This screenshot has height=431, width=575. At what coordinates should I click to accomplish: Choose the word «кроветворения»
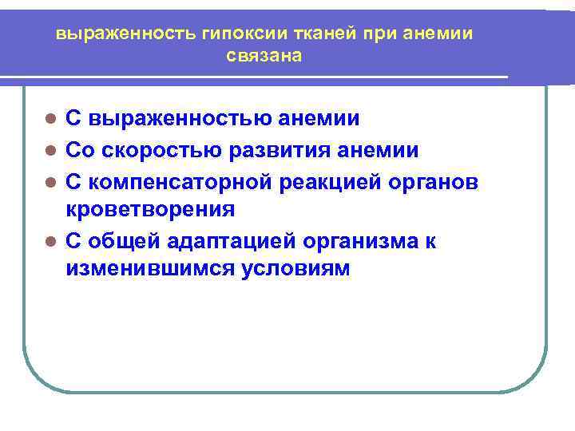tap(150, 210)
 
